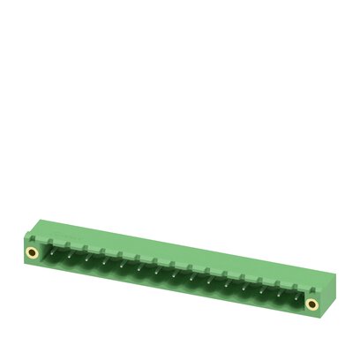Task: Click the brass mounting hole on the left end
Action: pyautogui.click(x=32, y=252)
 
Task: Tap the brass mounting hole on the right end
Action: pyautogui.click(x=311, y=304)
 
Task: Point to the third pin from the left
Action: pyautogui.click(x=86, y=261)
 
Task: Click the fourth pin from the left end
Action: pyautogui.click(x=104, y=265)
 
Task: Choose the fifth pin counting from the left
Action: pyautogui.click(x=122, y=267)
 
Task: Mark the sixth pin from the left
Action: pyautogui.click(x=139, y=271)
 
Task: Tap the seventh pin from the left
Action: pyautogui.click(x=157, y=274)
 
